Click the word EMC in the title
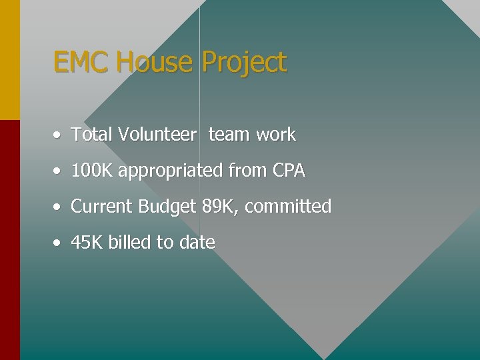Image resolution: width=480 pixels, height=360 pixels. [x=81, y=62]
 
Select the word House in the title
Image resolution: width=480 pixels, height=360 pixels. [x=154, y=62]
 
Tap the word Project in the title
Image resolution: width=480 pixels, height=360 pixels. [x=244, y=63]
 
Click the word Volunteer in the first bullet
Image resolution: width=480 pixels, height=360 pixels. [x=157, y=135]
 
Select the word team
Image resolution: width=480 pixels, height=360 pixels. [x=229, y=135]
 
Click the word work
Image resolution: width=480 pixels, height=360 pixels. [x=275, y=135]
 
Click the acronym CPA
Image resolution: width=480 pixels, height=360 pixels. [x=289, y=171]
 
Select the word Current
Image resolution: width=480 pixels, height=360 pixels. [x=102, y=207]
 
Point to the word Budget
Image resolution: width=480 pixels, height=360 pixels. [x=167, y=207]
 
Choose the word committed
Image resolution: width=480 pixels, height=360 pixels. [x=288, y=207]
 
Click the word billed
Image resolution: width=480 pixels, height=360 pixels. [x=130, y=243]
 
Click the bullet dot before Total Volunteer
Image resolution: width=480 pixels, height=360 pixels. [x=59, y=135]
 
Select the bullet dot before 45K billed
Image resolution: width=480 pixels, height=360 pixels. [x=59, y=243]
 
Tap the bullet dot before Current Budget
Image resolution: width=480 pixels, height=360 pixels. [x=59, y=207]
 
